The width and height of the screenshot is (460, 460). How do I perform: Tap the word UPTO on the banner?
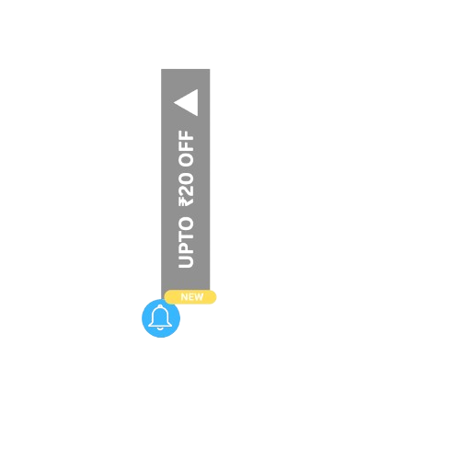186,242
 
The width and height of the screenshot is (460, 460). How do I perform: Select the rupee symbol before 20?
186,201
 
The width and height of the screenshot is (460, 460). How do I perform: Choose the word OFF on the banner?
186,149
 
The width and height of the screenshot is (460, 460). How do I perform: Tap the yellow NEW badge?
190,297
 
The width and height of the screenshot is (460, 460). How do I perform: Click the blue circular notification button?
161,318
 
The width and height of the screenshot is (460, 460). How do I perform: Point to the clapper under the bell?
160,328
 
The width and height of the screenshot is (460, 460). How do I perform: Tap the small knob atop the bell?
160,306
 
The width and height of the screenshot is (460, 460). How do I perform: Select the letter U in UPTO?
186,261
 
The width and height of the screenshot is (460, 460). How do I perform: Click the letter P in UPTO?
186,248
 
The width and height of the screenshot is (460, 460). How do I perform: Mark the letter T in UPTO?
186,236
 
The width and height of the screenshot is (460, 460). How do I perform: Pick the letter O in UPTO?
186,224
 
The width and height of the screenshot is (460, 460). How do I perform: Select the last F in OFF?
186,136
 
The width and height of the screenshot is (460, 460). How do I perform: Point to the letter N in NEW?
184,297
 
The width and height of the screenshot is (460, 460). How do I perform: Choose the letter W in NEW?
199,297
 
